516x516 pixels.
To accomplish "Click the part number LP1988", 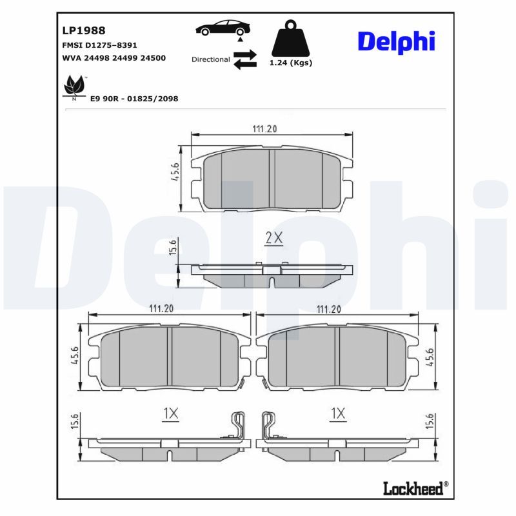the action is coord(84,30).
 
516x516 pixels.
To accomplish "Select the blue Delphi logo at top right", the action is coord(397,42).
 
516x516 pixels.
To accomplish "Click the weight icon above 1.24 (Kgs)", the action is coord(291,38).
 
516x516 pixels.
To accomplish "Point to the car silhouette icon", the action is coord(223,28).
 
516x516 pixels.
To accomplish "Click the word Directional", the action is coord(211,59).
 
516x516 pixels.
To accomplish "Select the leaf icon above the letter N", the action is coord(74,84).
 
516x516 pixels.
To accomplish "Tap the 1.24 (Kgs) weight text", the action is coord(291,63).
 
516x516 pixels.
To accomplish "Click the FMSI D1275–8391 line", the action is coord(99,45).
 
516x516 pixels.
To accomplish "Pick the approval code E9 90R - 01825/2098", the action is coord(134,99).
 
